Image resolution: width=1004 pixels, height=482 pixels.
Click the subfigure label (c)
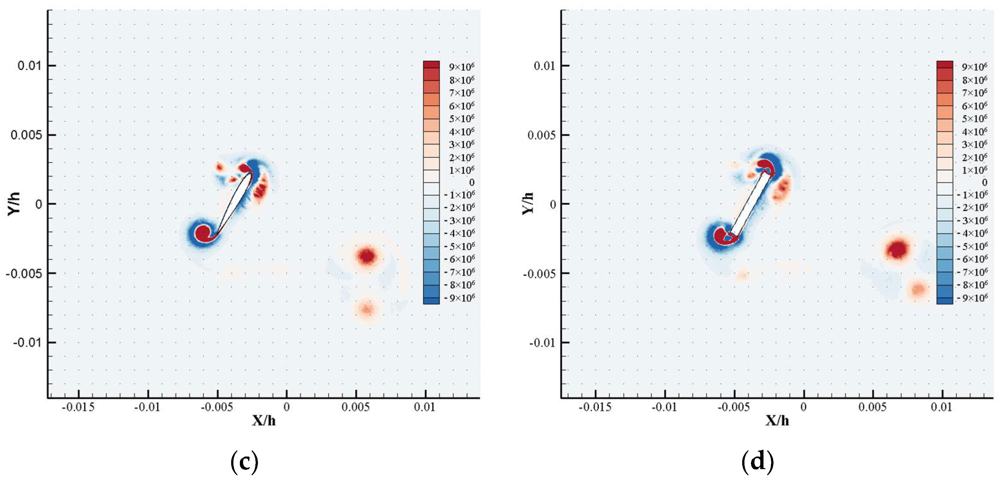point(244,462)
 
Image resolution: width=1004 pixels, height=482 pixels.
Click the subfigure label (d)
point(757,462)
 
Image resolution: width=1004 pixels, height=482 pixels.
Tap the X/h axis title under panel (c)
point(264,420)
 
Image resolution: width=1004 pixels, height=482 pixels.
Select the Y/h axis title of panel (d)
point(528,203)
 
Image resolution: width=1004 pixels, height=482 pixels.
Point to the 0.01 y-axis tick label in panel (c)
point(29,65)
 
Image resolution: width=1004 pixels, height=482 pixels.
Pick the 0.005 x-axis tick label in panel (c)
point(355,407)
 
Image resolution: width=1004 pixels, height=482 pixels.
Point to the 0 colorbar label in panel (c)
point(472,182)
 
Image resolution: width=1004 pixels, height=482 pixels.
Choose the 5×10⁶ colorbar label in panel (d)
point(975,118)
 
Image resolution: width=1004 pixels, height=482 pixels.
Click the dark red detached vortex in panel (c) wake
point(367,256)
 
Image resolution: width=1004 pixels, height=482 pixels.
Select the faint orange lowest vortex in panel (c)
point(367,310)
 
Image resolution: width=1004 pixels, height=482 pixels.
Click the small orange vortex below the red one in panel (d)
point(918,289)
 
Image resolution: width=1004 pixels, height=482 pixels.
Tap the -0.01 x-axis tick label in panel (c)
point(147,407)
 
